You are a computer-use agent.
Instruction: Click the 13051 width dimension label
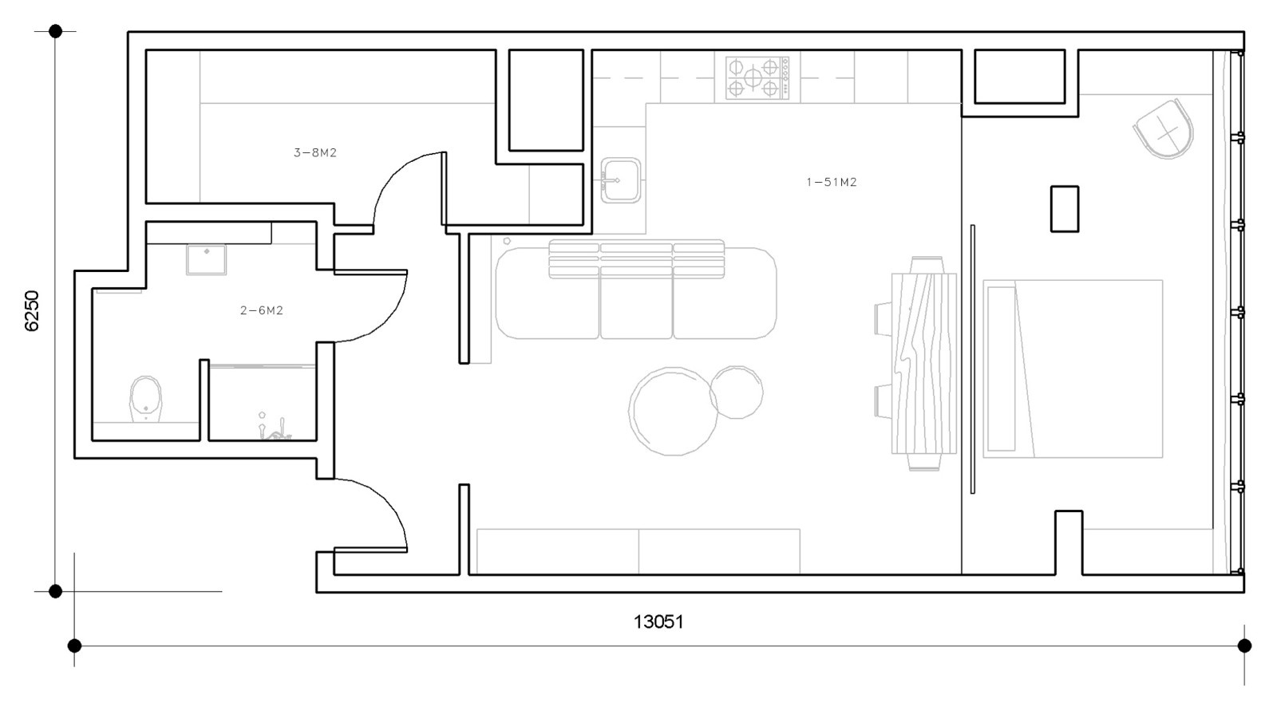coord(658,621)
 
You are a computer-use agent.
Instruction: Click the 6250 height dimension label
coord(32,310)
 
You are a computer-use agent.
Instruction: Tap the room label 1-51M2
coord(831,182)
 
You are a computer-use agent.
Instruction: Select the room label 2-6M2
coord(262,310)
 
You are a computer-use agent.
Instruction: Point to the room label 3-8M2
coord(315,152)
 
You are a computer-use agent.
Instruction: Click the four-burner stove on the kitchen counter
coord(757,78)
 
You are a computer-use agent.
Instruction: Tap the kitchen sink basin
coord(621,180)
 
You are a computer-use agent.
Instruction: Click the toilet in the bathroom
coord(146,399)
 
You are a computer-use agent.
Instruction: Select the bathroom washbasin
coord(207,260)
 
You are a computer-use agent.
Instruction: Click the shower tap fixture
coord(274,426)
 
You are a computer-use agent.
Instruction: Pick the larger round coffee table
coord(673,411)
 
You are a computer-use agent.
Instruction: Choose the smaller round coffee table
coord(737,392)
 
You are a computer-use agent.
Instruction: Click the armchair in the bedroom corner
coord(1164,129)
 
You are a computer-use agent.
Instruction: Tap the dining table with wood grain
coord(924,363)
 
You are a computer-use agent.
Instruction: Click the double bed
coord(1073,369)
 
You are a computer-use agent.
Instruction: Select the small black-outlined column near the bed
coord(1065,209)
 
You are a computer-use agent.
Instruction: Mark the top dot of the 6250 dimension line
coord(55,31)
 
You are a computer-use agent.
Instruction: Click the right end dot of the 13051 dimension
coord(1244,645)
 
